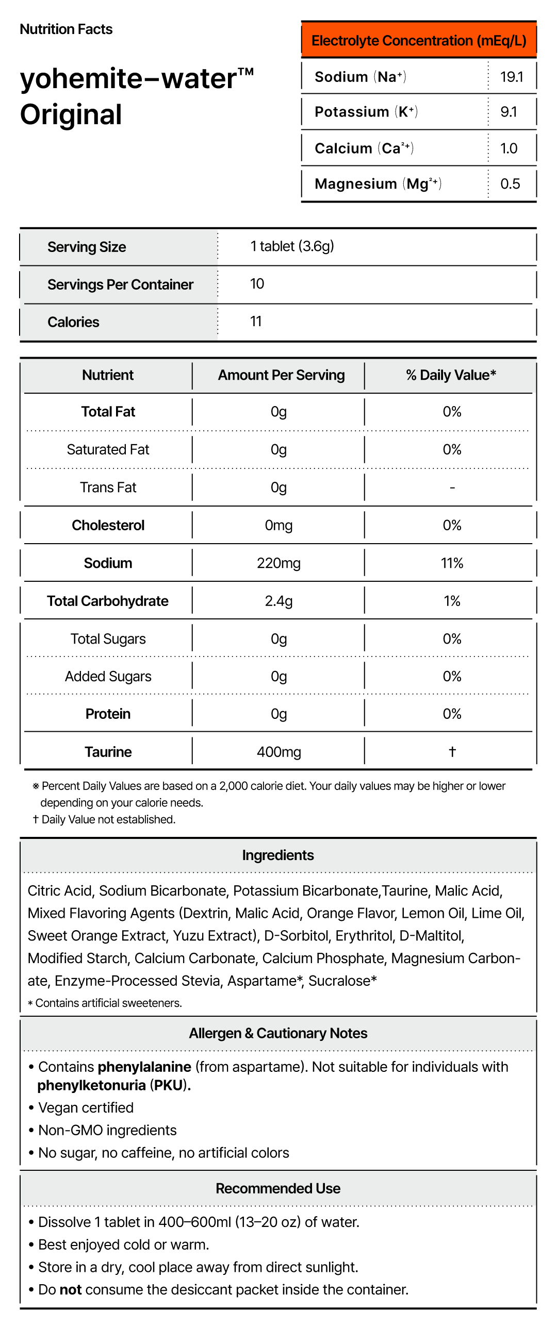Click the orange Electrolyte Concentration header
click(419, 40)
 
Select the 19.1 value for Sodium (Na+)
click(511, 77)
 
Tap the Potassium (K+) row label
click(366, 112)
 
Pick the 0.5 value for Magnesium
click(510, 183)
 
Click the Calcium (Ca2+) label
click(364, 148)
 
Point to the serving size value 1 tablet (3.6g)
click(292, 246)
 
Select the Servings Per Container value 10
click(257, 284)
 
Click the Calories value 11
click(256, 322)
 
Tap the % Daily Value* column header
click(451, 375)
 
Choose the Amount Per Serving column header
click(281, 375)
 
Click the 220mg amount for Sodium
click(279, 563)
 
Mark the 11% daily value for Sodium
click(452, 563)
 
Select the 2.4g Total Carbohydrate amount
click(279, 601)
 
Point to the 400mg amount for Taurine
click(279, 752)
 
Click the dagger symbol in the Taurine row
click(452, 751)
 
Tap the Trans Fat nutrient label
click(108, 487)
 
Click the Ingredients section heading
click(277, 855)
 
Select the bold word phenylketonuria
click(91, 1085)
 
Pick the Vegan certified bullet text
click(86, 1108)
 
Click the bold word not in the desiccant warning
click(71, 1289)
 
